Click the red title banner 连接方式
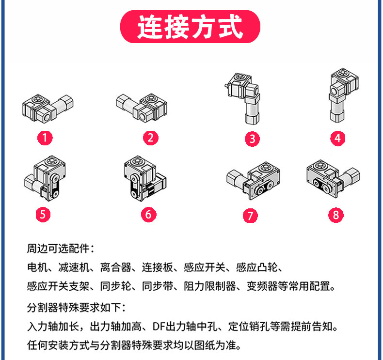pos(190,27)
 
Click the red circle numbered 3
pos(252,139)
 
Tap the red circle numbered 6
pos(148,214)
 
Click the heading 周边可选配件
pos(60,249)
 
